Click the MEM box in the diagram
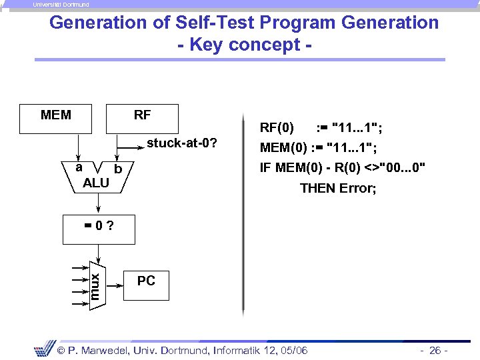click(x=60, y=119)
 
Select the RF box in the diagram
click(x=142, y=118)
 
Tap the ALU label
click(x=96, y=183)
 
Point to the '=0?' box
click(x=98, y=229)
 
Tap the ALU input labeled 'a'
click(x=79, y=167)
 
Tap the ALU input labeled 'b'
click(x=118, y=169)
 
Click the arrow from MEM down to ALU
click(x=78, y=147)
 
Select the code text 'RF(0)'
click(x=276, y=127)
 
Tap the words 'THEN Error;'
click(x=338, y=188)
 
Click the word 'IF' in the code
click(x=265, y=167)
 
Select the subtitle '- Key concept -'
click(x=244, y=45)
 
